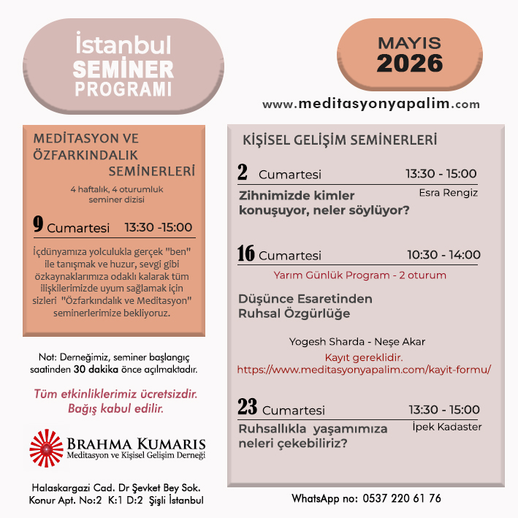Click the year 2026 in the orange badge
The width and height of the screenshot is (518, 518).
(409, 63)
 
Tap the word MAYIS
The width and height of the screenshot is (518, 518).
(409, 42)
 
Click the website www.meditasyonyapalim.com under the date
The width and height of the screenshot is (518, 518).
(371, 104)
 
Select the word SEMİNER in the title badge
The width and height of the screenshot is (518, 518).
(124, 70)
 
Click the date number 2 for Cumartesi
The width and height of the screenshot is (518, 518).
(243, 172)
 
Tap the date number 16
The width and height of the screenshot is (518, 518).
(245, 254)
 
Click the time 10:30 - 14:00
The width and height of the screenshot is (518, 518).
(443, 255)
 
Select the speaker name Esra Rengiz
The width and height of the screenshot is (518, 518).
(449, 193)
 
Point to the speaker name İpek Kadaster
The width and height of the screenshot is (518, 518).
(446, 427)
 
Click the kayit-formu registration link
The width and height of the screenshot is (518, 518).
(364, 370)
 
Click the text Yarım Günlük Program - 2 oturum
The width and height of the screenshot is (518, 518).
(359, 275)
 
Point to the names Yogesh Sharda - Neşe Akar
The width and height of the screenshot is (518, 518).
(357, 341)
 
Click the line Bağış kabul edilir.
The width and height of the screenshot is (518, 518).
(115, 408)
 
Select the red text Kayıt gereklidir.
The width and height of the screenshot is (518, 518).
(364, 357)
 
